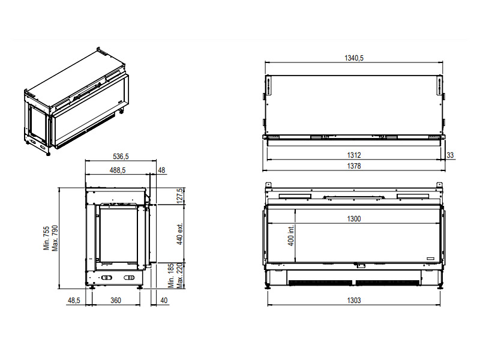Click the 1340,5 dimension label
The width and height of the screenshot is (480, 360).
[354, 58]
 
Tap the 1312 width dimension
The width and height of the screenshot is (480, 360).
[354, 155]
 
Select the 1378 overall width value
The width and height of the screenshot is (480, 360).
[354, 166]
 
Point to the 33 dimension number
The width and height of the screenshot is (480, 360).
[450, 155]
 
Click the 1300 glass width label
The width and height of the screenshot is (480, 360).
[354, 219]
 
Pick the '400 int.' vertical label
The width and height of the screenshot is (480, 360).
[291, 235]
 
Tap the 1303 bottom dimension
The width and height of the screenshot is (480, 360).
[354, 301]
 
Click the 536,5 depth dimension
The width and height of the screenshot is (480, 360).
[121, 157]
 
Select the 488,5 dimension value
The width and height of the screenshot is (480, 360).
[118, 170]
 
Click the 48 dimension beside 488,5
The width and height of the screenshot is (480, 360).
[161, 170]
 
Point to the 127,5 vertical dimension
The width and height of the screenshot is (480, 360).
[180, 196]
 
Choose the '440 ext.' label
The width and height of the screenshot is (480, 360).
[180, 234]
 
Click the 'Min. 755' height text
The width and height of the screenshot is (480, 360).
[47, 238]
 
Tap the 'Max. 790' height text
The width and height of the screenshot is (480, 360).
[55, 238]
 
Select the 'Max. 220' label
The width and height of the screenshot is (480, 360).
[180, 275]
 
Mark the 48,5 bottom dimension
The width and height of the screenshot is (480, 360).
[74, 301]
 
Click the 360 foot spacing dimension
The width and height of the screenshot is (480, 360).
[116, 301]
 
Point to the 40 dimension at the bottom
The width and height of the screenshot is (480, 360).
[164, 301]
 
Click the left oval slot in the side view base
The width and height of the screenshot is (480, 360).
[107, 278]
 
